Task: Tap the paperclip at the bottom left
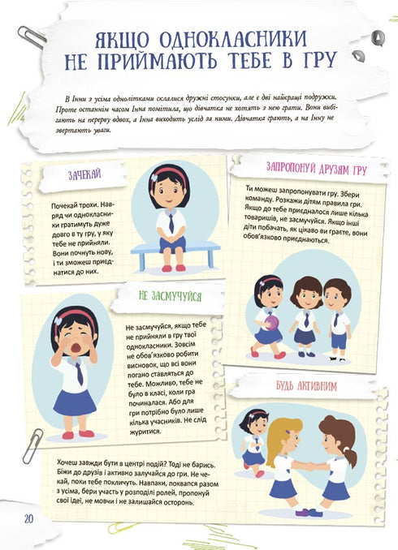[31, 445]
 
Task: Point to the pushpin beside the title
[377, 37]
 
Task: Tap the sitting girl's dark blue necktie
[171, 221]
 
